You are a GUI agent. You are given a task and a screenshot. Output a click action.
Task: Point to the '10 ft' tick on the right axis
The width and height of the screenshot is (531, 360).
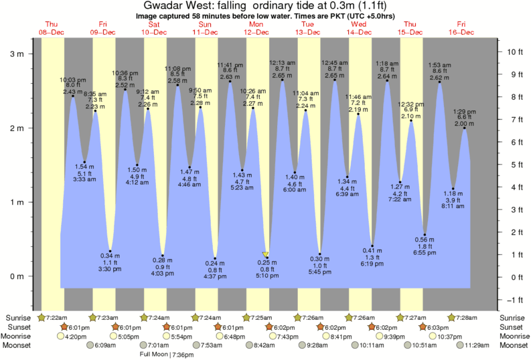[514, 52]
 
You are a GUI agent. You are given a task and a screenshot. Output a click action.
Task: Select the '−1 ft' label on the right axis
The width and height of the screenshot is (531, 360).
[514, 299]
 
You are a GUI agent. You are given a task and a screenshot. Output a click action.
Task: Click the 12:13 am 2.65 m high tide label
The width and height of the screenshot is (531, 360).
[282, 70]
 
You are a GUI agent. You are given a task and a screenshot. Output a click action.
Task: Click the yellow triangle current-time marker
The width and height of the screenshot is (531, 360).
[266, 255]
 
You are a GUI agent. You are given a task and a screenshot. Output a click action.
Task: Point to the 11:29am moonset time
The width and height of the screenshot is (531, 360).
[477, 345]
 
